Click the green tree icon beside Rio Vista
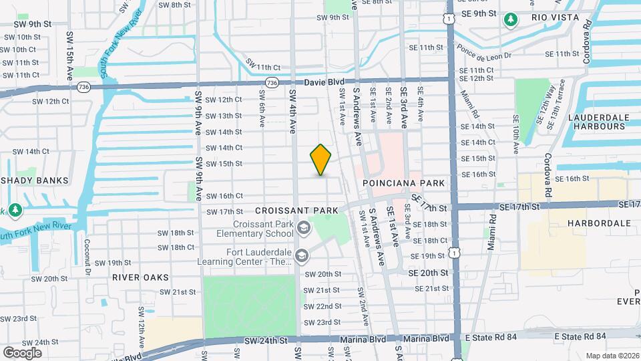[511, 19]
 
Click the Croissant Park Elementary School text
[254, 229]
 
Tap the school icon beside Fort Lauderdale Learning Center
[302, 256]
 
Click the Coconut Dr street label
[87, 256]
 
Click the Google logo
[22, 352]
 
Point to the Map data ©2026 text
[612, 356]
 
